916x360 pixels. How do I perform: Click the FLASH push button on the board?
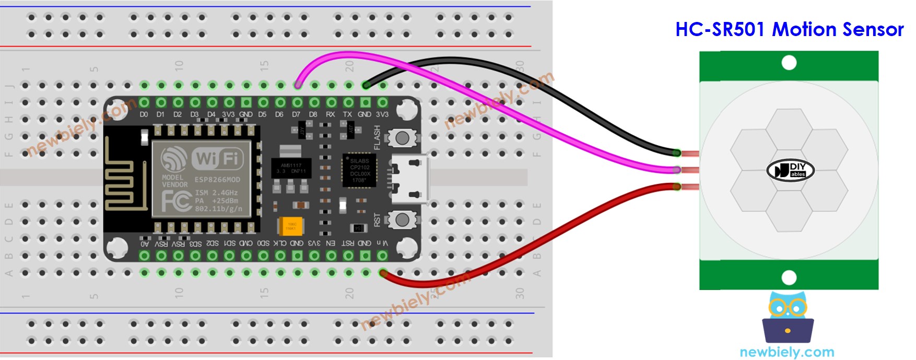point(402,138)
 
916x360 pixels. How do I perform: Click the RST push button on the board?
point(402,219)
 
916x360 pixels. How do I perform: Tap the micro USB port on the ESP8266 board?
point(410,178)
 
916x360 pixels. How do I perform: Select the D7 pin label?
point(296,114)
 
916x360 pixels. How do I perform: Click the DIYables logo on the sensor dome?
point(790,170)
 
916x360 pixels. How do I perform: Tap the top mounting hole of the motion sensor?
point(789,63)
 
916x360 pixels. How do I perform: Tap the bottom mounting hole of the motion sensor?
point(789,277)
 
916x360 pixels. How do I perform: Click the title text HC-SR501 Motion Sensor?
point(789,29)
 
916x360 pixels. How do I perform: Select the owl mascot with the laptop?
point(788,319)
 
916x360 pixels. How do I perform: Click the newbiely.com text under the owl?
point(787,352)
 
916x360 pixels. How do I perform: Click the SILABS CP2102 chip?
point(359,170)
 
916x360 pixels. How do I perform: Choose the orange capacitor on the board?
point(290,226)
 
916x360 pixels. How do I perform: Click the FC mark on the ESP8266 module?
point(175,201)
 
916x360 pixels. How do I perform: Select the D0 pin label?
point(144,114)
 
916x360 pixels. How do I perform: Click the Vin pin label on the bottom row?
point(382,243)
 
